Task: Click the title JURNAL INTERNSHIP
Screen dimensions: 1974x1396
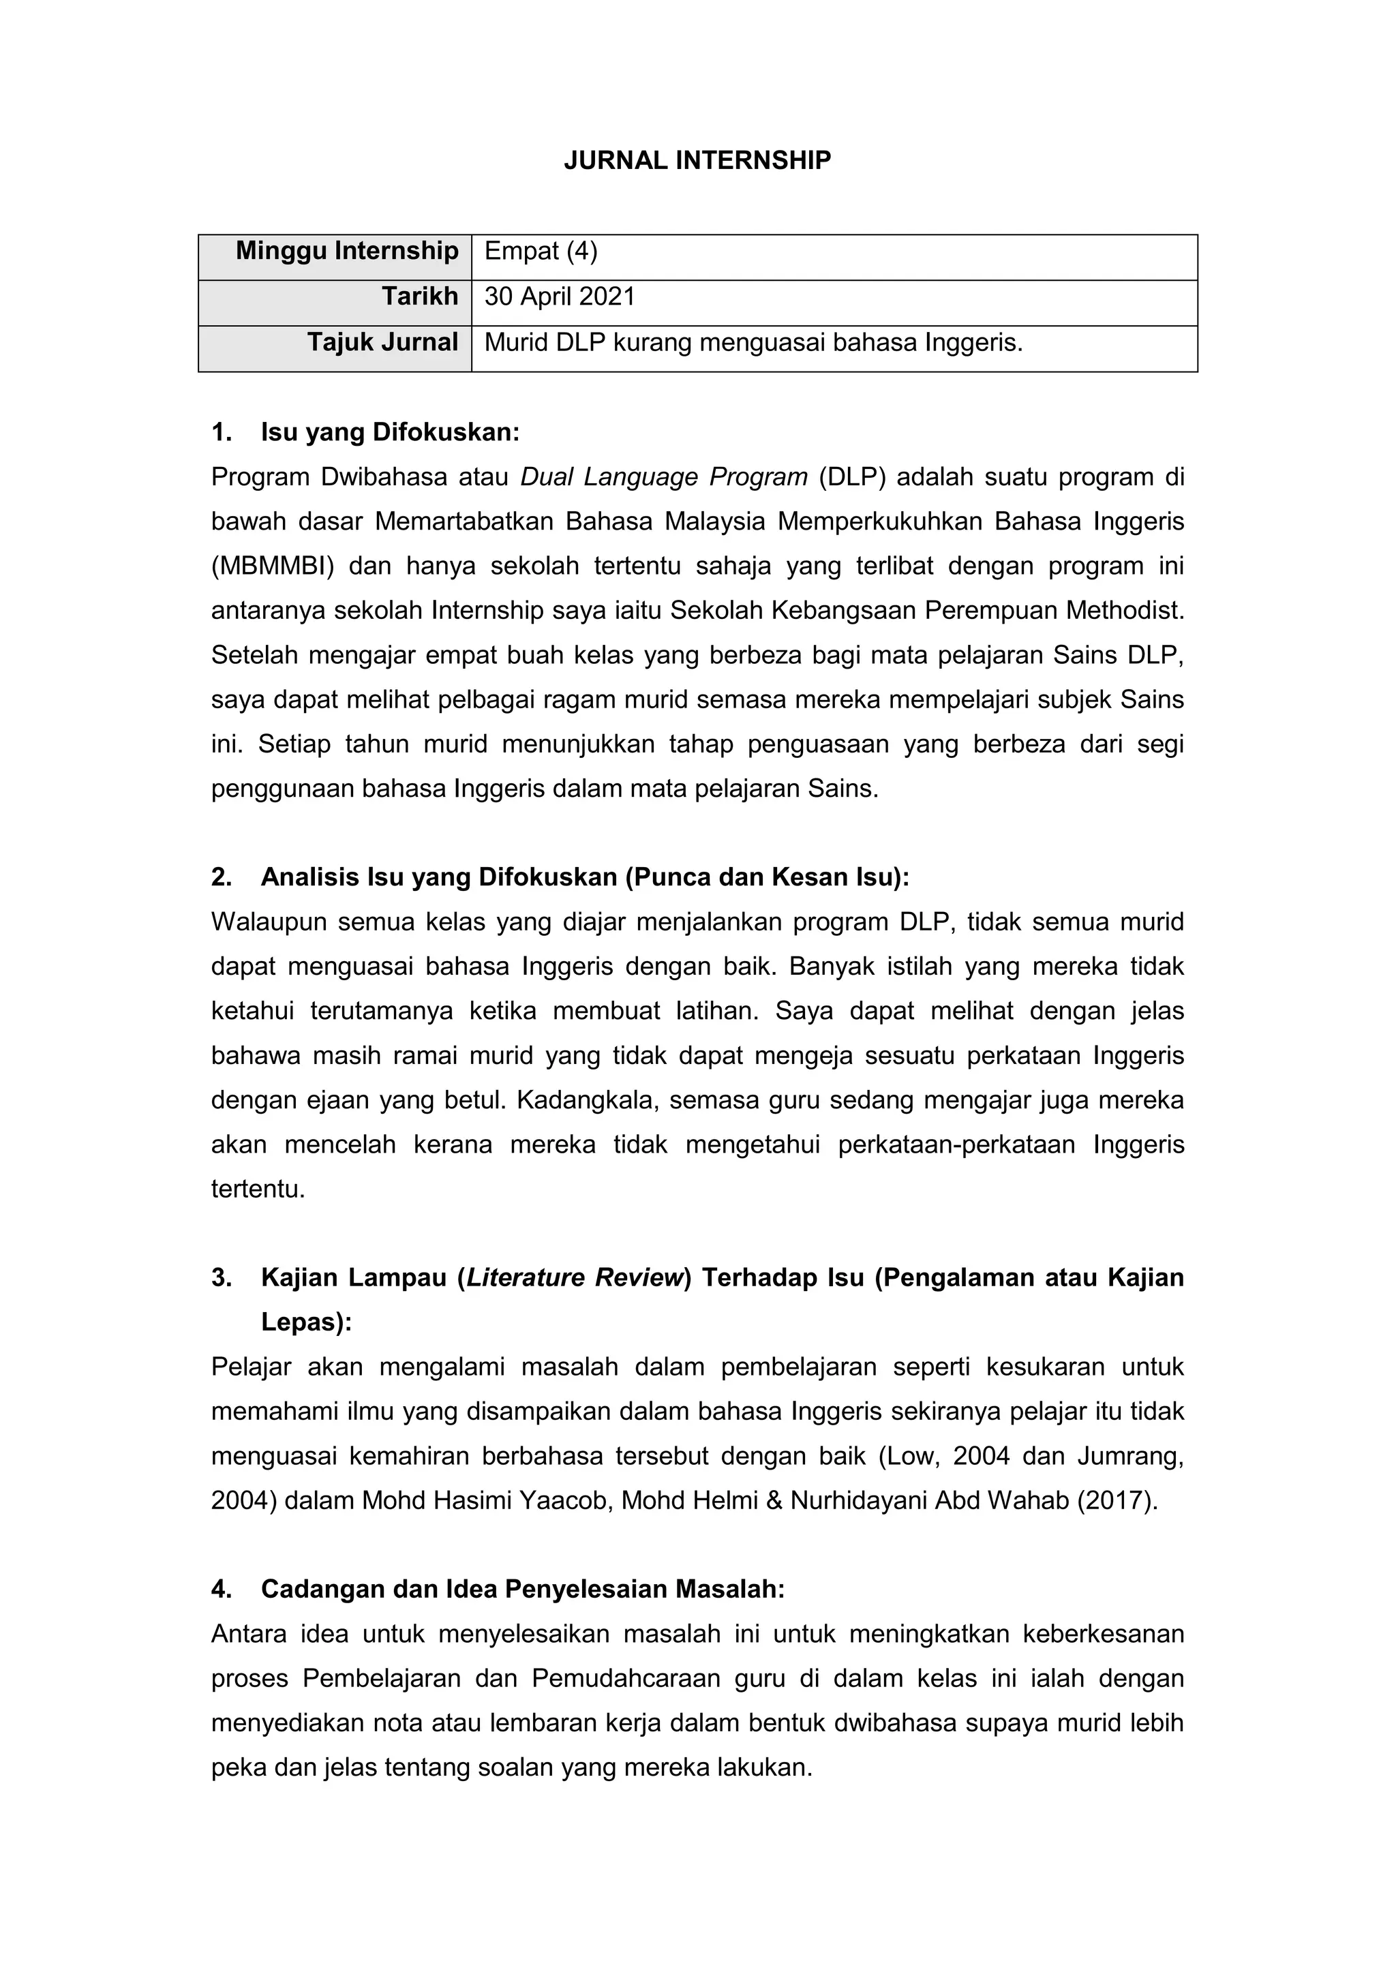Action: [x=697, y=161]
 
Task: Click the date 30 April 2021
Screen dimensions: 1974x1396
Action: [x=560, y=297]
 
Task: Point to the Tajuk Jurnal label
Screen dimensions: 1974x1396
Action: [x=382, y=342]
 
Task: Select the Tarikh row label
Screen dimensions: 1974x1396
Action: [x=419, y=297]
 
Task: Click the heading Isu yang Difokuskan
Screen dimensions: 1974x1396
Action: [x=391, y=431]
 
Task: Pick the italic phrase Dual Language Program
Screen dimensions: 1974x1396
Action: [x=664, y=476]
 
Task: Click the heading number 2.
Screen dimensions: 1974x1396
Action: [x=221, y=877]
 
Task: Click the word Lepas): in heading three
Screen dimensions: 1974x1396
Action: [x=306, y=1322]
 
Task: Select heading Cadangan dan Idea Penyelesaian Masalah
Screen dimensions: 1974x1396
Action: [x=523, y=1589]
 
